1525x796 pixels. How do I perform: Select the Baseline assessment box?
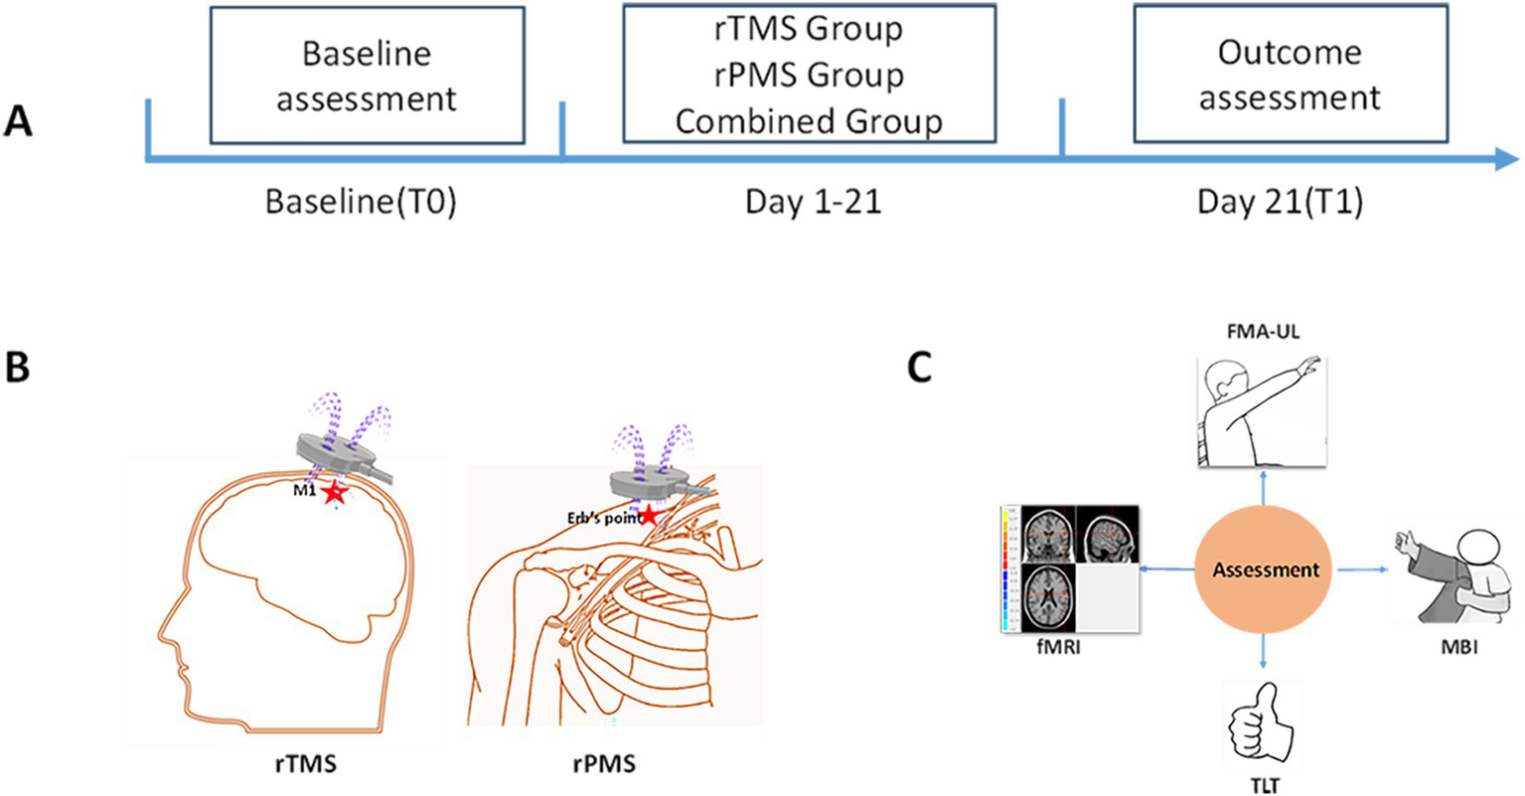[367, 76]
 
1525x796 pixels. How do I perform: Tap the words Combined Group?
[809, 121]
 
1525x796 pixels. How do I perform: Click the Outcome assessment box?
[1290, 74]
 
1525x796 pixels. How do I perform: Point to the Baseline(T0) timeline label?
[361, 202]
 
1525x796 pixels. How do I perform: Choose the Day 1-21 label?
[814, 202]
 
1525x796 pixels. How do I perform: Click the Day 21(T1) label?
[1280, 202]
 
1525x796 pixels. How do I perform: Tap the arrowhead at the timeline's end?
[1506, 159]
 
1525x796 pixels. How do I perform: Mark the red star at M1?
[334, 493]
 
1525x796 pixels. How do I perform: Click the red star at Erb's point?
[649, 516]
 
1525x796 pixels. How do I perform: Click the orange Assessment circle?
[1265, 569]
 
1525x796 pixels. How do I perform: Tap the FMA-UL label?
[1263, 333]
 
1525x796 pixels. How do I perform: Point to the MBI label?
[1459, 648]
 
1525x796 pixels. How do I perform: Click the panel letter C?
[920, 367]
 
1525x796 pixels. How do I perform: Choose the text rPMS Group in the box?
[809, 76]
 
